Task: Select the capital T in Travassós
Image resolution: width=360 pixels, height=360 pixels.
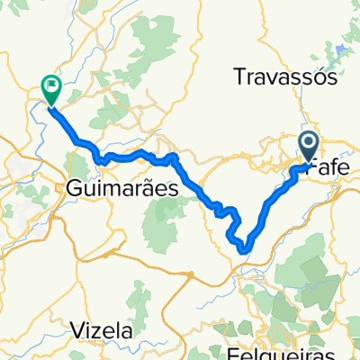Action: click(x=238, y=78)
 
